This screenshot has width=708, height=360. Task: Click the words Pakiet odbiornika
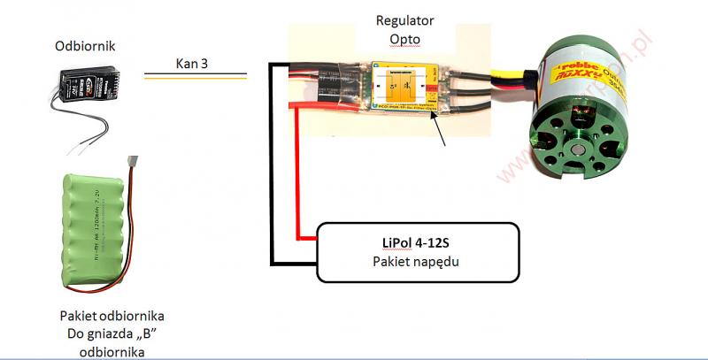[x=112, y=316]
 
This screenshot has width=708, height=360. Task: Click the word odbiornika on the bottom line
[x=112, y=351]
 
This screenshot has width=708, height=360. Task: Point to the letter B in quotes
[x=157, y=334]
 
